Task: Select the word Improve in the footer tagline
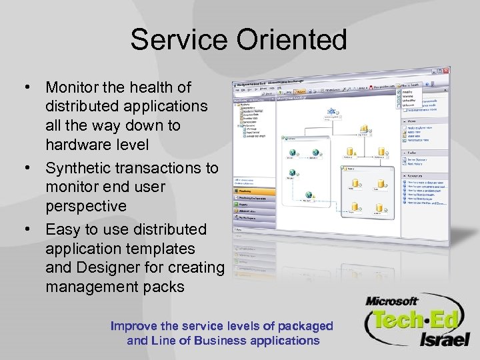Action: point(135,326)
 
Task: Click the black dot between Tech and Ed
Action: point(424,320)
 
